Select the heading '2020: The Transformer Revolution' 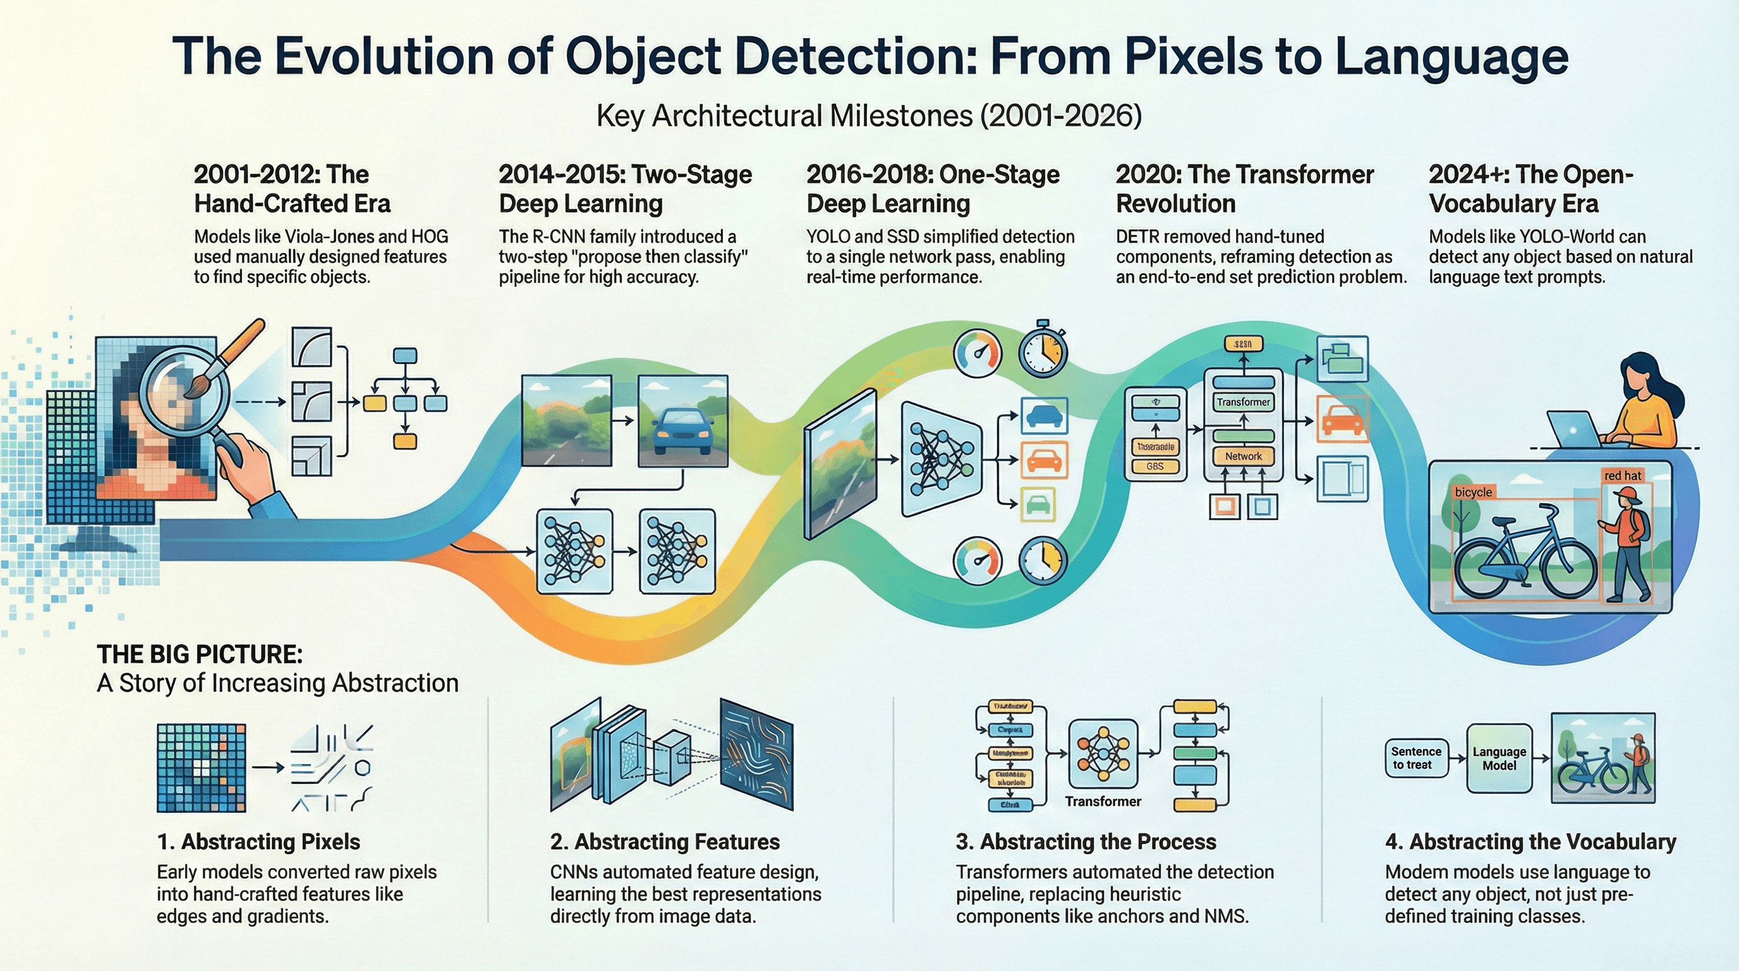click(x=1244, y=189)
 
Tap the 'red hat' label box click(x=1622, y=475)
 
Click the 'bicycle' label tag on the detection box click(x=1473, y=492)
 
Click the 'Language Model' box click(x=1500, y=759)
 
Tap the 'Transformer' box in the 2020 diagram click(x=1243, y=402)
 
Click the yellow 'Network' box click(x=1243, y=456)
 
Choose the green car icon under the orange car click(x=1037, y=504)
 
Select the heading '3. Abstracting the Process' click(x=1086, y=842)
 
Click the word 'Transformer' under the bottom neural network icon click(x=1103, y=802)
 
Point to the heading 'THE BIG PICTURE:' click(x=200, y=654)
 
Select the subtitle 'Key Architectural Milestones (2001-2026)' click(x=869, y=116)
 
